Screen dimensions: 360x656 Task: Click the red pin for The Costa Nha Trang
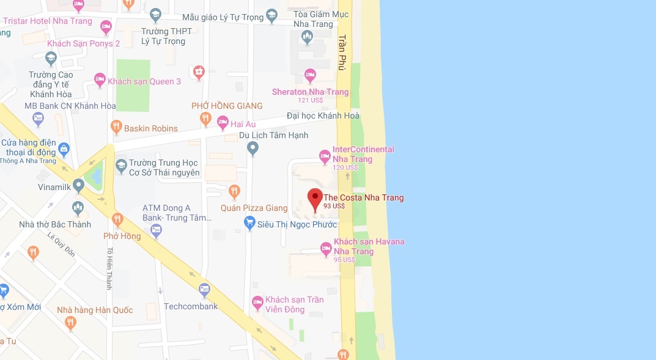point(315,199)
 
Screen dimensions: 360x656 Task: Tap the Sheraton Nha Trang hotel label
point(310,92)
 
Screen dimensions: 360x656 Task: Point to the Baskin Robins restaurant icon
point(116,128)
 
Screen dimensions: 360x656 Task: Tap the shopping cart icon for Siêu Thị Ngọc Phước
point(249,224)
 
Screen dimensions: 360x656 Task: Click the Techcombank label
point(191,306)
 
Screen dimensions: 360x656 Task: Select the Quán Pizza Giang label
point(254,208)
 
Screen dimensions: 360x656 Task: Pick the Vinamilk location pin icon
point(78,185)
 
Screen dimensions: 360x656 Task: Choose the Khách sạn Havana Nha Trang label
point(369,246)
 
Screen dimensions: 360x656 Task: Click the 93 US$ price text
point(334,207)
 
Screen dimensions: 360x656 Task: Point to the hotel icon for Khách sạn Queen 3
point(100,79)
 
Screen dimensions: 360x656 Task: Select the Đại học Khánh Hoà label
point(323,116)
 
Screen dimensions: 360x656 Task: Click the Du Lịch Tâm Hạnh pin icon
point(252,148)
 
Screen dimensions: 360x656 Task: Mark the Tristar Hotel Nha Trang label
point(48,21)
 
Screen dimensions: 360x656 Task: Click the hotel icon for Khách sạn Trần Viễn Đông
point(257,302)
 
